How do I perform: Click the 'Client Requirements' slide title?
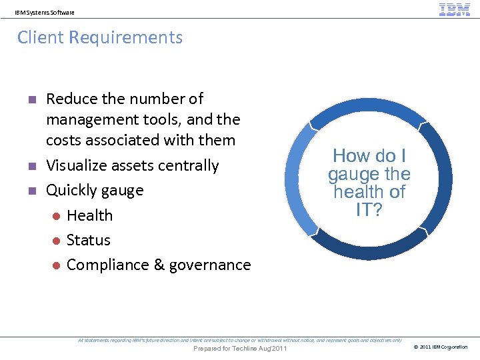pyautogui.click(x=100, y=37)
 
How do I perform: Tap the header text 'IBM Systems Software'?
pyautogui.click(x=45, y=12)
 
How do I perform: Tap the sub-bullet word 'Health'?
pyautogui.click(x=89, y=215)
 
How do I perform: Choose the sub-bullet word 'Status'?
pyautogui.click(x=88, y=240)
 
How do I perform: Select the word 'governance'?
pyautogui.click(x=210, y=265)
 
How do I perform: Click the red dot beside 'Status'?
pyautogui.click(x=57, y=240)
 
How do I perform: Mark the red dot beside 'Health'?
pyautogui.click(x=57, y=215)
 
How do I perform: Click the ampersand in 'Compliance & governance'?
pyautogui.click(x=159, y=265)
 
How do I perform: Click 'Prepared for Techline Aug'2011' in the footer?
pyautogui.click(x=239, y=349)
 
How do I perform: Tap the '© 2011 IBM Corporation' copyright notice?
pyautogui.click(x=441, y=347)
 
